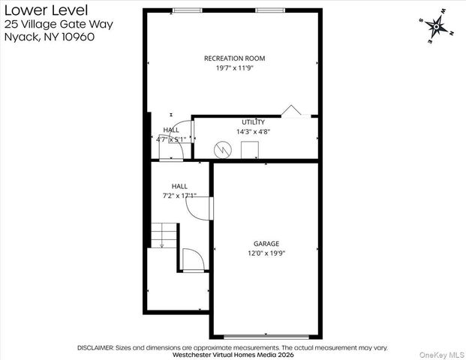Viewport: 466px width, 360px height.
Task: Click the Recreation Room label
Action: click(x=234, y=58)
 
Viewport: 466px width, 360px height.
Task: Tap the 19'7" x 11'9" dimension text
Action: click(x=234, y=67)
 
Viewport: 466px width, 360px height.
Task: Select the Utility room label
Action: click(x=253, y=121)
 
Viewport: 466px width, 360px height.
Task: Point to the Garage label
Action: click(x=266, y=244)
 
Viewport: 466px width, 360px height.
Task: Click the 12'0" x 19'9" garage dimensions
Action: click(x=266, y=253)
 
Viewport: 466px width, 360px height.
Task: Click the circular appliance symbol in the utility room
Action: click(x=222, y=149)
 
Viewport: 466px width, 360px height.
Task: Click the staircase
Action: click(x=164, y=235)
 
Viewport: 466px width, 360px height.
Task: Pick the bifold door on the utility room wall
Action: click(x=291, y=112)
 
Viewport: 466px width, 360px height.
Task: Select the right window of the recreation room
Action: click(x=267, y=10)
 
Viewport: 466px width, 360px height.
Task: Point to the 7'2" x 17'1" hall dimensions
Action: click(x=179, y=196)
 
